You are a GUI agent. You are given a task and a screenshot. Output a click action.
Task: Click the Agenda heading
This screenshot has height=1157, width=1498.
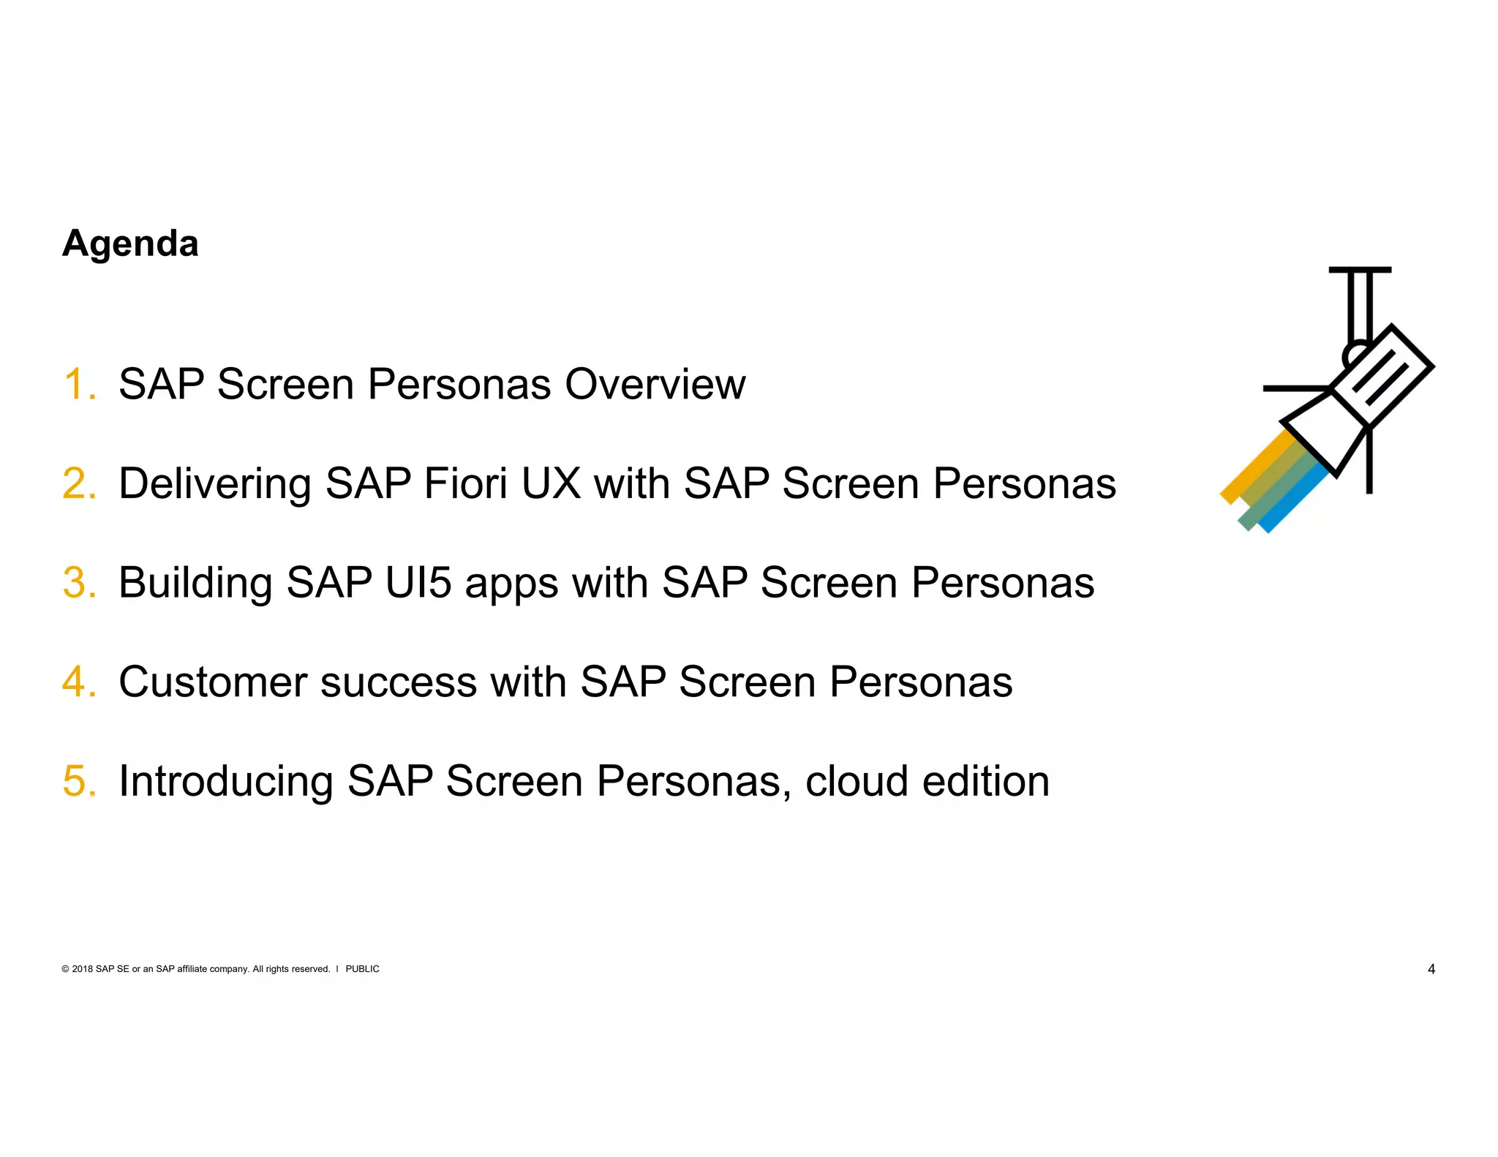[130, 244]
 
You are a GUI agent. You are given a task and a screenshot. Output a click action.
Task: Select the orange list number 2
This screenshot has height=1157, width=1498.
[78, 483]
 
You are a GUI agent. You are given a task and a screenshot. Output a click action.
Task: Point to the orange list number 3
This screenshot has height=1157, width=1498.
[78, 583]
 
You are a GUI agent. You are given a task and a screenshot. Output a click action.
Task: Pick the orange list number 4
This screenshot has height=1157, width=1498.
[78, 682]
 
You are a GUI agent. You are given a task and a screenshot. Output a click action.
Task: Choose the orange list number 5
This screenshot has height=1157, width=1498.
[78, 781]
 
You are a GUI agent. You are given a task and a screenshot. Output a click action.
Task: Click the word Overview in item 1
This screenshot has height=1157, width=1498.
[655, 384]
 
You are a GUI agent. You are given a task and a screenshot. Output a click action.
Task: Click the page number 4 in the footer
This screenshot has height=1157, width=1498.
[1431, 969]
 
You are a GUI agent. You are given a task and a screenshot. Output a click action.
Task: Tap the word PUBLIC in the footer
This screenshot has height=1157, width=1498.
[362, 969]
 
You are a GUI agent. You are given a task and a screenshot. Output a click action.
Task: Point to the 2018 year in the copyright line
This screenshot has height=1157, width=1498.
[83, 969]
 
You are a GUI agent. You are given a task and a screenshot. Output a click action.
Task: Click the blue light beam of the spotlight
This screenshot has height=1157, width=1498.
[1293, 501]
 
